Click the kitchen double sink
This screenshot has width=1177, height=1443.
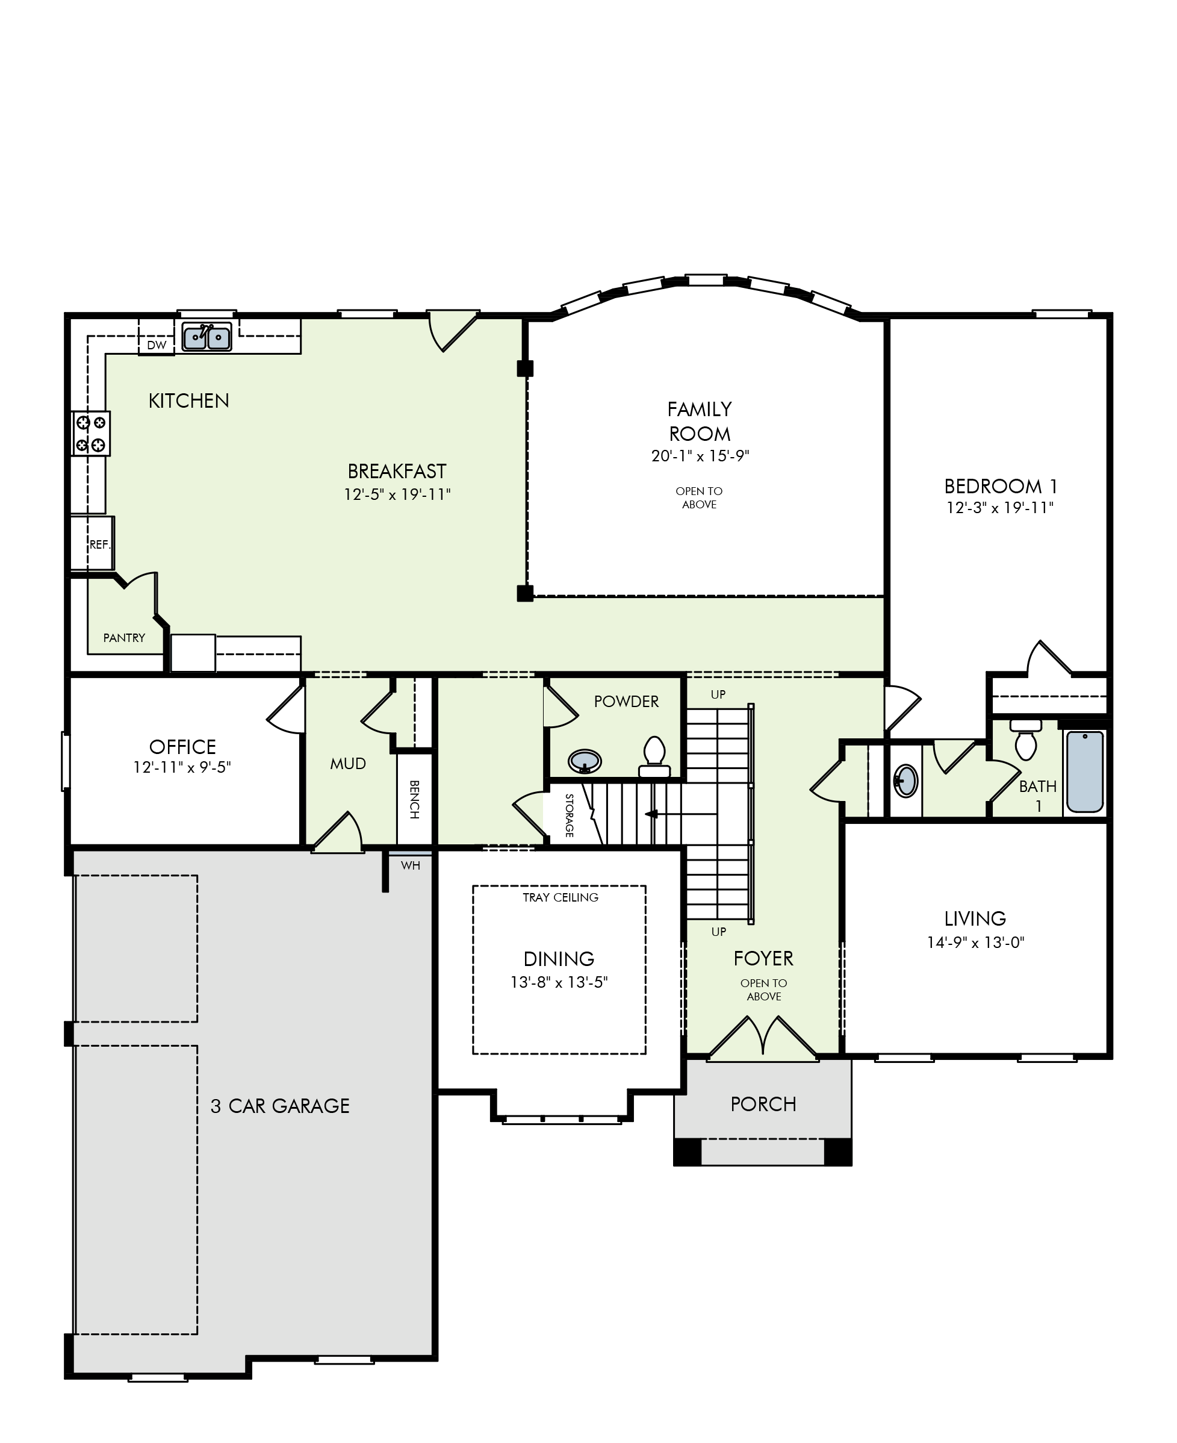coord(207,336)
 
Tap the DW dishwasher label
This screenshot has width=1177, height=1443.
coord(157,344)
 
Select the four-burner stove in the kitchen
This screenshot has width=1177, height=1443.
coord(91,433)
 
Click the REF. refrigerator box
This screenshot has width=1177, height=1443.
coord(93,543)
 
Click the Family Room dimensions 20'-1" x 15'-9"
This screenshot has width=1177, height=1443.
coord(700,456)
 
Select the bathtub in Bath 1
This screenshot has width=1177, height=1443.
coord(1085,771)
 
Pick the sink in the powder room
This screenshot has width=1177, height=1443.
coord(585,761)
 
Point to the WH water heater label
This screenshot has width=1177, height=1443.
coord(410,865)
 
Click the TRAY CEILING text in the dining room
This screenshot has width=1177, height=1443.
coord(561,897)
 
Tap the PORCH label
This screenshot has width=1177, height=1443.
coord(763,1104)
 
